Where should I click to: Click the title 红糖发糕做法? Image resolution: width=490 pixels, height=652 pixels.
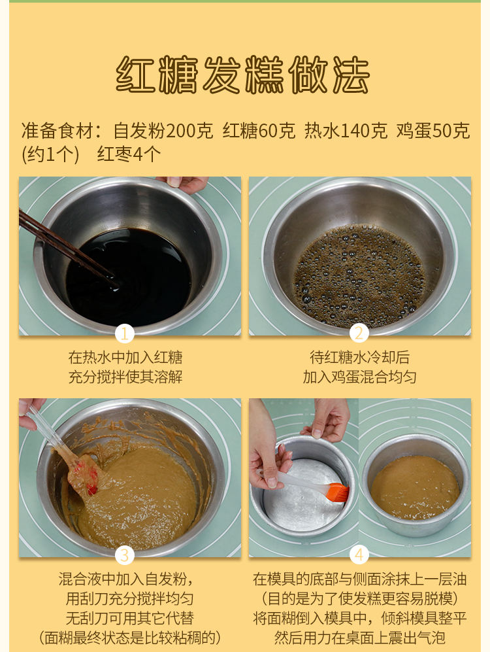click(242, 75)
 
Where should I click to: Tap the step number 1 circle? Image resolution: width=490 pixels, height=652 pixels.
click(125, 334)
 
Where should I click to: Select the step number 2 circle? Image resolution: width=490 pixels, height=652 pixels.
click(359, 334)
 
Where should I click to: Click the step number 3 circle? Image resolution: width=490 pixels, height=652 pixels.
click(125, 555)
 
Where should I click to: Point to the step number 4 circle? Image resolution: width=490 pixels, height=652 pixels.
click(359, 555)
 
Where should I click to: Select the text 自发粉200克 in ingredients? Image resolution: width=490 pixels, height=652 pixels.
click(163, 131)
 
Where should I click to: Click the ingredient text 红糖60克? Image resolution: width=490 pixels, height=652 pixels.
click(259, 131)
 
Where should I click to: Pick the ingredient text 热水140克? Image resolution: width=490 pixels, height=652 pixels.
click(346, 131)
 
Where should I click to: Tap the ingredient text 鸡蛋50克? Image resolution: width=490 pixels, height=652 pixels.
click(433, 131)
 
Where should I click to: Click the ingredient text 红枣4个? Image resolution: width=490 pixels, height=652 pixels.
click(129, 154)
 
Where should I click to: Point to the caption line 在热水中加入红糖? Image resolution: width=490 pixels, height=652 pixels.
click(125, 357)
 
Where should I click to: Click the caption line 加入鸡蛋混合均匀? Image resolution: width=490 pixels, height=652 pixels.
click(359, 377)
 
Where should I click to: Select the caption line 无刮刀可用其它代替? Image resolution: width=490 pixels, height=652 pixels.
click(129, 618)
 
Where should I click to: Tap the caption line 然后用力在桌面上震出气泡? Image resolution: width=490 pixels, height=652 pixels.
click(359, 638)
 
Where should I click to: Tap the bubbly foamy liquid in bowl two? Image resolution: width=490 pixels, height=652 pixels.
click(359, 275)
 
